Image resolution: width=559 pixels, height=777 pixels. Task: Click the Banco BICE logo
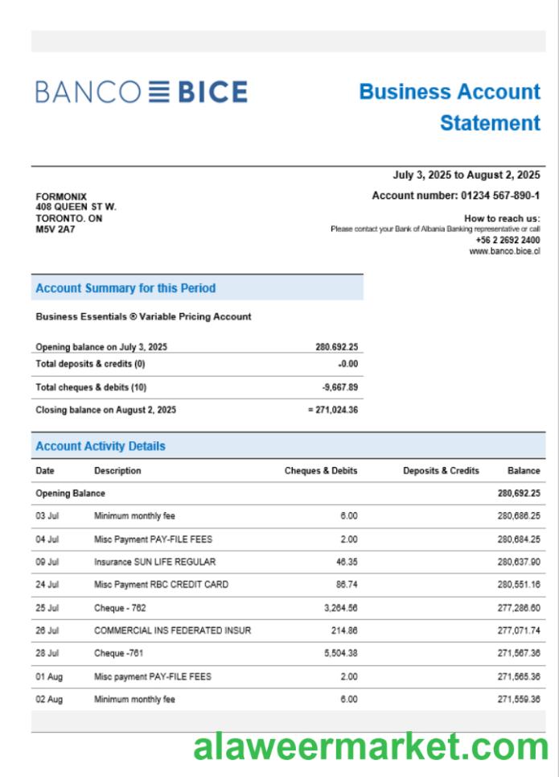[141, 92]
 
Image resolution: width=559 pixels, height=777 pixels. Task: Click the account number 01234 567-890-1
[500, 196]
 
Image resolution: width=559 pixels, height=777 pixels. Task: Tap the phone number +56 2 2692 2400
[508, 240]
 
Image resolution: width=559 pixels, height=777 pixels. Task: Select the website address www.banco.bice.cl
[504, 251]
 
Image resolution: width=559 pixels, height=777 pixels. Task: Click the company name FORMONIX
[61, 196]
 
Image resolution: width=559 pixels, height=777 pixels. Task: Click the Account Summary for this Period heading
[125, 288]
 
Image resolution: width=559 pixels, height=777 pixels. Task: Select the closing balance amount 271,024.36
[335, 410]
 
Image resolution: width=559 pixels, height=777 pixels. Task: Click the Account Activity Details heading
[101, 446]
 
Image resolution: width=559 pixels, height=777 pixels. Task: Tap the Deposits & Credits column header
[441, 471]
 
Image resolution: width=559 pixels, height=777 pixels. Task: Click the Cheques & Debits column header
[321, 471]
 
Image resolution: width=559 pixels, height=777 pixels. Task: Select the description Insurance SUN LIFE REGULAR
[154, 562]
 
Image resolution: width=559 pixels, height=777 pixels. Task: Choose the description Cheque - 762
[120, 608]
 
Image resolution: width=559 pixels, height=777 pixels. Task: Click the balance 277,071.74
[519, 630]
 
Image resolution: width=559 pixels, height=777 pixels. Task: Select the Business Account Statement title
[450, 107]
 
